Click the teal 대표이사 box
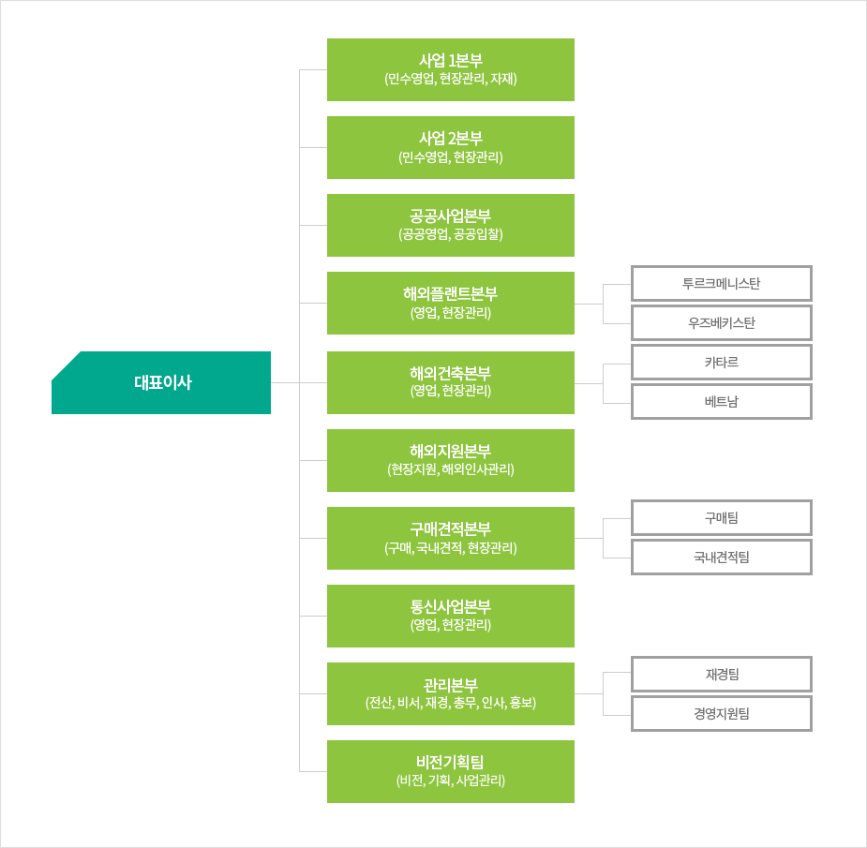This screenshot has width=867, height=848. coord(161,382)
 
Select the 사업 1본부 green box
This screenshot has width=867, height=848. coord(451,69)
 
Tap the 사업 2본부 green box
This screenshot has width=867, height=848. coord(451,148)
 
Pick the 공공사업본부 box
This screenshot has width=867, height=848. coord(451,225)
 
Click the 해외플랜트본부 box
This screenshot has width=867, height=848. coord(451,303)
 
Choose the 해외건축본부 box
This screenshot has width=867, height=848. coord(451,382)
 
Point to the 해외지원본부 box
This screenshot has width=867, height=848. coord(451,460)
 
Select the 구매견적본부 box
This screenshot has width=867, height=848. coord(451,539)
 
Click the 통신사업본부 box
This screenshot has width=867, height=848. coord(451,616)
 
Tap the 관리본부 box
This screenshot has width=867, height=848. coord(451,693)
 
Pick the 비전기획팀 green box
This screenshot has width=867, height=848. coord(451,772)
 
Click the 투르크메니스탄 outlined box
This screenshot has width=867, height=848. coord(722,284)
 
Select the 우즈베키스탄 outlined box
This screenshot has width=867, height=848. coord(722,323)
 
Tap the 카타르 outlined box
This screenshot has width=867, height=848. coord(722,363)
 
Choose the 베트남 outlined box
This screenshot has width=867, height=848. coord(722,402)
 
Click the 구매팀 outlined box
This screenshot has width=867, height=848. coord(722,518)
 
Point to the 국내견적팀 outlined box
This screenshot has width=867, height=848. coord(722,558)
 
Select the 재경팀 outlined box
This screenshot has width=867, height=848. coord(722,675)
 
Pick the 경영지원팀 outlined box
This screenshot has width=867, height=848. coord(722,714)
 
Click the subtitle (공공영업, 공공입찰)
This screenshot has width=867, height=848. coord(451,234)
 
